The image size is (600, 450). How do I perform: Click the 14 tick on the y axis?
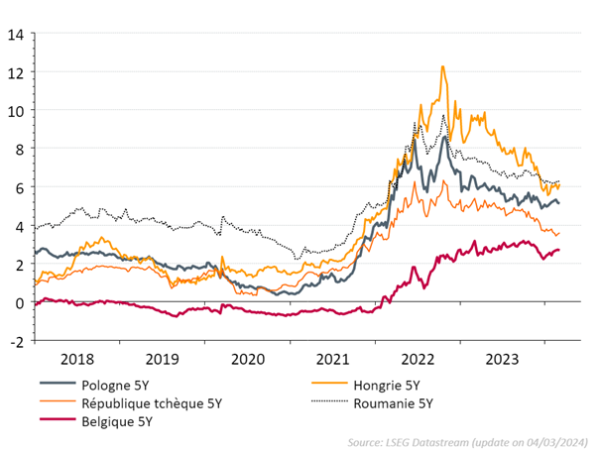[x=17, y=34]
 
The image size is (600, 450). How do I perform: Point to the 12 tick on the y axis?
[x=17, y=72]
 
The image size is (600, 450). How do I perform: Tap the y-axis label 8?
[x=20, y=149]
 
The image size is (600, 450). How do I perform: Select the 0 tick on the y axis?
[x=20, y=302]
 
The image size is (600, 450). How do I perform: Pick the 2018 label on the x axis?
[x=76, y=358]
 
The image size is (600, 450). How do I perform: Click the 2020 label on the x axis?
[x=248, y=358]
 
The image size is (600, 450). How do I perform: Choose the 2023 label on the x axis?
[x=505, y=358]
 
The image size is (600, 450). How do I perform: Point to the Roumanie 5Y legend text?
[x=393, y=402]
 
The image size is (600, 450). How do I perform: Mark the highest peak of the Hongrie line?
[x=442, y=66]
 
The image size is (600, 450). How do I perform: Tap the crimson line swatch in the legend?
[x=60, y=421]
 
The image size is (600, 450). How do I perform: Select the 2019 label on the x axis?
[x=163, y=358]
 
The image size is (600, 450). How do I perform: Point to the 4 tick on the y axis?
[x=20, y=226]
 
